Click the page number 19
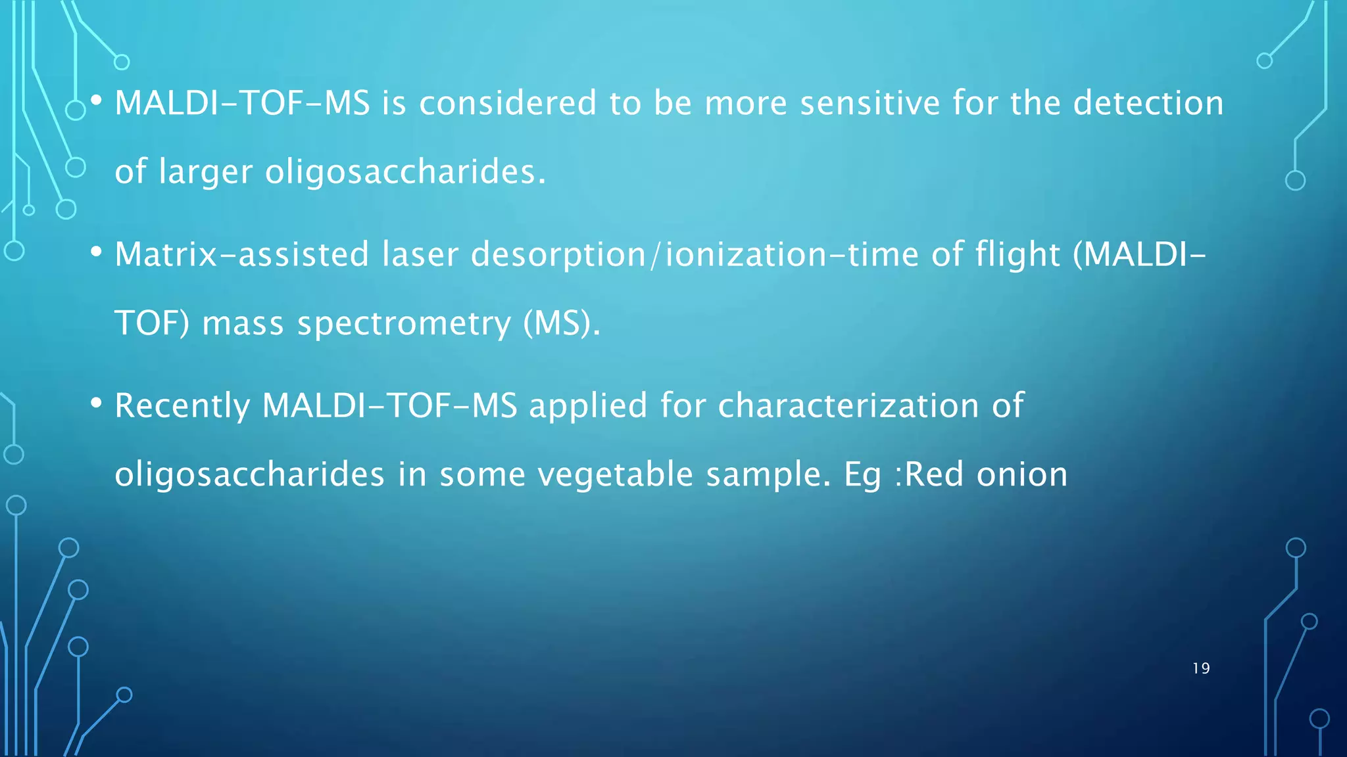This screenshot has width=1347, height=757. [x=1201, y=668]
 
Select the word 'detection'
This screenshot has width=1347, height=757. [x=1148, y=103]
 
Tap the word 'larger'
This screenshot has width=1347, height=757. [x=205, y=172]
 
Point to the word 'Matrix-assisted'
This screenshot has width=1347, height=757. [x=241, y=254]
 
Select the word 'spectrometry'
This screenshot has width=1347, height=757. [x=404, y=324]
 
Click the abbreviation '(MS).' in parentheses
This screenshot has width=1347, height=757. [x=562, y=323]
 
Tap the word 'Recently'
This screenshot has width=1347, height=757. [x=182, y=406]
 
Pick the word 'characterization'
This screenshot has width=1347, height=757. [x=848, y=405]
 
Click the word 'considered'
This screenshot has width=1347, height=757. [x=508, y=103]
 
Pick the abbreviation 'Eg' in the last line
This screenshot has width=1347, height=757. [x=862, y=475]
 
